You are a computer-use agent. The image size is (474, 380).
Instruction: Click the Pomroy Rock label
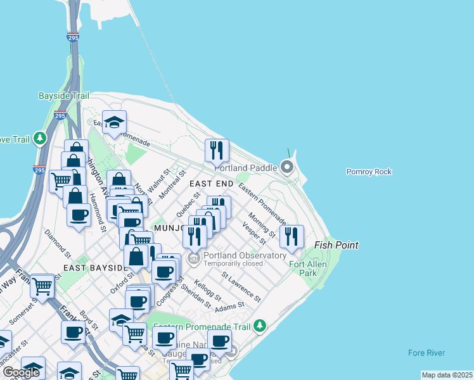369,172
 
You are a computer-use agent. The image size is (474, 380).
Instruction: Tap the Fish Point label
336,245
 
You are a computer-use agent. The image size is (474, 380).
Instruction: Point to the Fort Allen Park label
303,269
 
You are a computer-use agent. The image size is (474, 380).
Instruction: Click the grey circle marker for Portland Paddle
287,168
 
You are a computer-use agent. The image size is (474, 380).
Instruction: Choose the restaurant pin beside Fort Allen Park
291,237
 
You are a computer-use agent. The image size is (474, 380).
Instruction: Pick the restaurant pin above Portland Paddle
217,150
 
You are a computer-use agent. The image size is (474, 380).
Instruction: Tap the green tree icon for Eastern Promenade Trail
259,326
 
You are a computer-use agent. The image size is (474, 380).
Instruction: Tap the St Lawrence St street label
241,286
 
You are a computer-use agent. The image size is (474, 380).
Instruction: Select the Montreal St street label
171,183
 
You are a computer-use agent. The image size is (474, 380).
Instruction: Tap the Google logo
21,372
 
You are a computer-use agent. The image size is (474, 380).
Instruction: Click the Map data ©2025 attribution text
446,375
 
